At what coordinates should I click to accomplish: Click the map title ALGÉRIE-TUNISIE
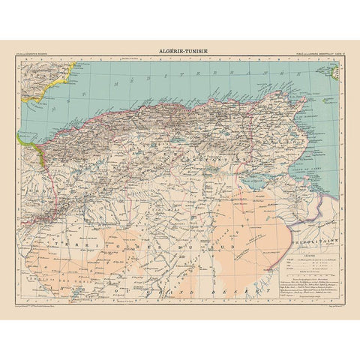pyautogui.click(x=180, y=51)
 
